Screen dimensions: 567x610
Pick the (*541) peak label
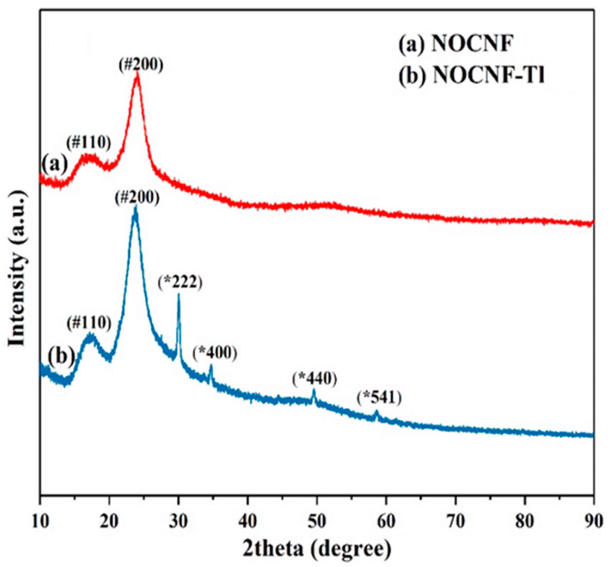point(379,399)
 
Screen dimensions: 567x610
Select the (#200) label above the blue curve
point(137,198)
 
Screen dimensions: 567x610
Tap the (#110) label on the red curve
point(89,143)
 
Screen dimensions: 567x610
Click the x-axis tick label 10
point(40,521)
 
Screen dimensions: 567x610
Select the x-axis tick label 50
point(317,521)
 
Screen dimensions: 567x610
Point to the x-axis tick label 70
point(455,521)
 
